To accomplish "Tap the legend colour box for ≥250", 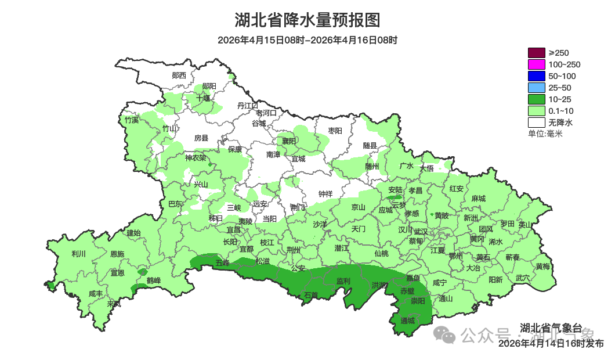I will click(536, 53).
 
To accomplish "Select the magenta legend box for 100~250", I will click(536, 64).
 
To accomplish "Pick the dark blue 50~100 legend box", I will click(536, 76).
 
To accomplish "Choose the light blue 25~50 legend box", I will click(536, 88).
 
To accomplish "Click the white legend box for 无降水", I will click(536, 123).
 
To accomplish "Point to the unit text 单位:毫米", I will click(545, 134).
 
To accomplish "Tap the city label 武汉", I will click(421, 232).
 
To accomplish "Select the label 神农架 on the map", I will click(196, 157).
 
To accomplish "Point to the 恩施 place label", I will click(117, 254).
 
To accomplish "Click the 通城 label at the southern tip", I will click(408, 320).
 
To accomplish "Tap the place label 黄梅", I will click(542, 267).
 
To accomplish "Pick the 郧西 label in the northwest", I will click(179, 75).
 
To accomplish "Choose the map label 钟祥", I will click(325, 194).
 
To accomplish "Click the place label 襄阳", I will click(289, 141).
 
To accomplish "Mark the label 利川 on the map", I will click(78, 254).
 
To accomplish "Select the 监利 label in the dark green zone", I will click(343, 281).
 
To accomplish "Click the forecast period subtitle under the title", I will click(307, 40).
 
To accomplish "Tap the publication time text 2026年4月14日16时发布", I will click(551, 344).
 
